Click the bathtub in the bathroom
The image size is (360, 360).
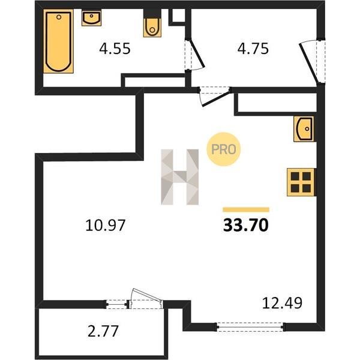point(58,41)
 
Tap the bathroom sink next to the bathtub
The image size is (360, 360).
point(91,18)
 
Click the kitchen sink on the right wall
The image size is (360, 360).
point(304,129)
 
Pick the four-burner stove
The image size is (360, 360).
point(301,182)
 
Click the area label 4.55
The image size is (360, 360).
point(115,49)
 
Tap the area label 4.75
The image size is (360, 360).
point(253,49)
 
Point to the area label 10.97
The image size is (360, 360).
point(106,225)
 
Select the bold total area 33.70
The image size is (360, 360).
point(246,225)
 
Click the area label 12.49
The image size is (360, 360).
point(282,303)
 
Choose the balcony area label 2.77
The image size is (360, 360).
point(103,331)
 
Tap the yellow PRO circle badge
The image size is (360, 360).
point(223,149)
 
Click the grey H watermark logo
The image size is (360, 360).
point(180,177)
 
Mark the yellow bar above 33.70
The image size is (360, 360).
point(246,209)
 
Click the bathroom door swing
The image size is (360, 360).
point(194,54)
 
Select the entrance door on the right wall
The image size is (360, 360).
point(312,62)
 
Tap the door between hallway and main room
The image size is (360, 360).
point(215,96)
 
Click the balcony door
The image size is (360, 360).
point(146,299)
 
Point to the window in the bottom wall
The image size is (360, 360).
point(250,327)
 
